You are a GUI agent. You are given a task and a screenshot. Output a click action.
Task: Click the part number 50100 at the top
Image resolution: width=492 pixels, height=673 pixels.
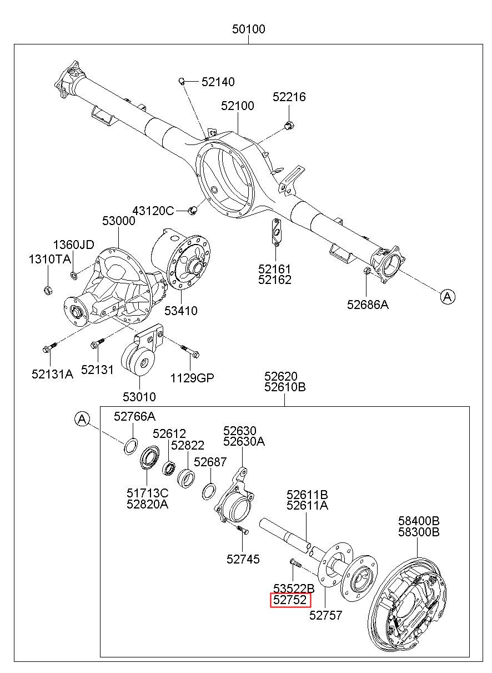point(248,29)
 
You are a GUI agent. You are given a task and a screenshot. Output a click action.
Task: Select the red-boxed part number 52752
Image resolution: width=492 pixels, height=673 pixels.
point(290,600)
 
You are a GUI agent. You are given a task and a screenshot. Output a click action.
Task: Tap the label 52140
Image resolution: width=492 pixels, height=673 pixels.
point(218,82)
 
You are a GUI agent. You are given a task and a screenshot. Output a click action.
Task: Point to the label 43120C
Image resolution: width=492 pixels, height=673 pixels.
point(153,211)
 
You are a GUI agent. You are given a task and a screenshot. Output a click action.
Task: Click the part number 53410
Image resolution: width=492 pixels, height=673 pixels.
point(180,311)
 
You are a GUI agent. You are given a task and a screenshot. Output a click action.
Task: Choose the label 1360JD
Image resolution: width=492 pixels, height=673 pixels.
point(73,245)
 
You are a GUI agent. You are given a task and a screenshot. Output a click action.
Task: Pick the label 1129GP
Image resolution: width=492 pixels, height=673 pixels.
point(192,378)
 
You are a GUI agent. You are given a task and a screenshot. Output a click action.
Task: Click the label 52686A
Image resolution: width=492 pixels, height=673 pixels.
point(368,305)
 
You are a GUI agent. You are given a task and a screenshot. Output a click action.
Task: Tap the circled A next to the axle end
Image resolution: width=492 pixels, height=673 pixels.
point(448,297)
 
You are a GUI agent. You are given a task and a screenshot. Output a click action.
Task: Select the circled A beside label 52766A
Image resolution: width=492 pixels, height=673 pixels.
point(82,419)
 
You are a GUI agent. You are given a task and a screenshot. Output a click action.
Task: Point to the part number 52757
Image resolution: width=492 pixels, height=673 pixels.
point(326,615)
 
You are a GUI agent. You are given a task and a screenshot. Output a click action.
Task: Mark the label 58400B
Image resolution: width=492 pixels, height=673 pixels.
point(419,520)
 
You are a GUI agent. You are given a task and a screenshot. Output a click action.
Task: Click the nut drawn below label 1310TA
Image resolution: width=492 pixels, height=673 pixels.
point(48,290)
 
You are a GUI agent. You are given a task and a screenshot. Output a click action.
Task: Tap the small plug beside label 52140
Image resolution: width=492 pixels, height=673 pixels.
point(182,81)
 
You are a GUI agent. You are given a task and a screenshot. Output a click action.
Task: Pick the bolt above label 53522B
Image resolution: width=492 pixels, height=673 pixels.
point(295,563)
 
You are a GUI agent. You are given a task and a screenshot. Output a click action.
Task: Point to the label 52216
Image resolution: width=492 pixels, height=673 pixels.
point(289,97)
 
